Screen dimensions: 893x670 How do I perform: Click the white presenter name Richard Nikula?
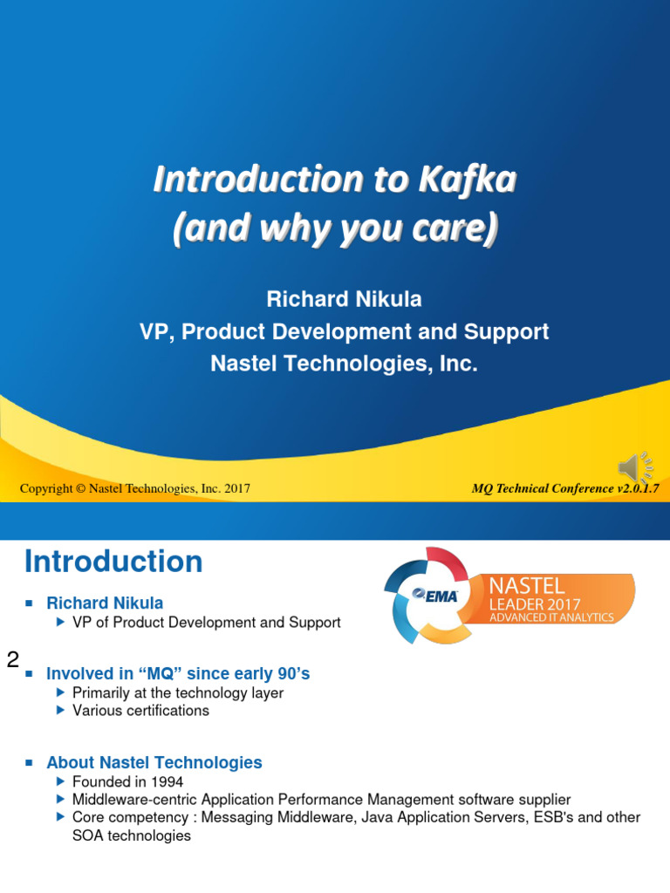coord(344,299)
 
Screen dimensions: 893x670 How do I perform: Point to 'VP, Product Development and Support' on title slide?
coord(344,331)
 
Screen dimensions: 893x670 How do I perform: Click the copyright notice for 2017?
coord(135,488)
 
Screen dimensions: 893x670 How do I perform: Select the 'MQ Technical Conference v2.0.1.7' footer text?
coord(564,488)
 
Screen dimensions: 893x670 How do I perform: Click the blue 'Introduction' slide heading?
coord(113,562)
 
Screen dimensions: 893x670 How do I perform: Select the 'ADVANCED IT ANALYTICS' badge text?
coord(551,617)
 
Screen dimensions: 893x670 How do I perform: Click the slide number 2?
coord(12,660)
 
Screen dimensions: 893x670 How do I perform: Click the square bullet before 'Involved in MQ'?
coord(29,674)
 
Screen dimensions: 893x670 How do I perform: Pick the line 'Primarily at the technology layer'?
coord(177,692)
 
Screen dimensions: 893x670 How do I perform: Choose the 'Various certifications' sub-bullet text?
coord(140,710)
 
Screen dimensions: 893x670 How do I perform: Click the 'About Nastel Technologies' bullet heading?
coord(154,762)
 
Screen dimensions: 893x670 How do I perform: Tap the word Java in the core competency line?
coord(380,817)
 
